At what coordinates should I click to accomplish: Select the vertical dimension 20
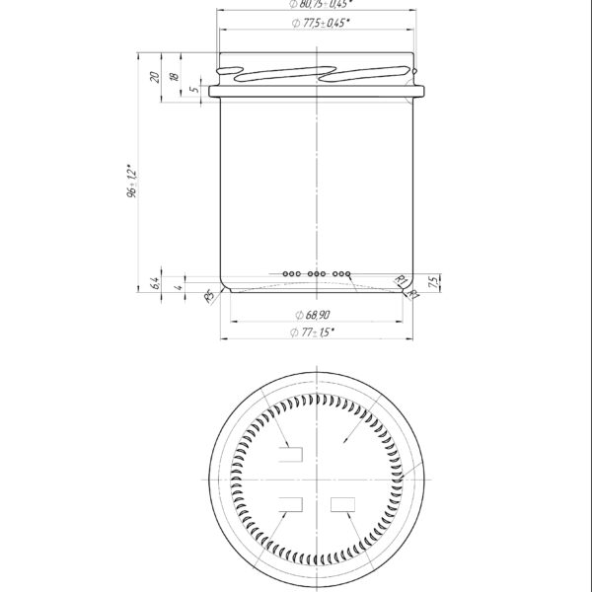tap(154, 77)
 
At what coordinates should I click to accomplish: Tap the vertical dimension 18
tap(174, 77)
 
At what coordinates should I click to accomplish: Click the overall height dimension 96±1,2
tap(128, 184)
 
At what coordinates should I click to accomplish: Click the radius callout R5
tap(208, 296)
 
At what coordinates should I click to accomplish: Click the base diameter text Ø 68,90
tap(315, 313)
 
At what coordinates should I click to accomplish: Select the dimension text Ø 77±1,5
tap(315, 333)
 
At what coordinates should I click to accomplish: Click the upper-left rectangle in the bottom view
tap(292, 454)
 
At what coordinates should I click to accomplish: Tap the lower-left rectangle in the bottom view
tap(292, 505)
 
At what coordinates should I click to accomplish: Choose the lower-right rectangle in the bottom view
tap(343, 505)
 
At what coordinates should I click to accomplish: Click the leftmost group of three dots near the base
tap(291, 272)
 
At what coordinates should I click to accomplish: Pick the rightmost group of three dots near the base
tap(342, 272)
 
